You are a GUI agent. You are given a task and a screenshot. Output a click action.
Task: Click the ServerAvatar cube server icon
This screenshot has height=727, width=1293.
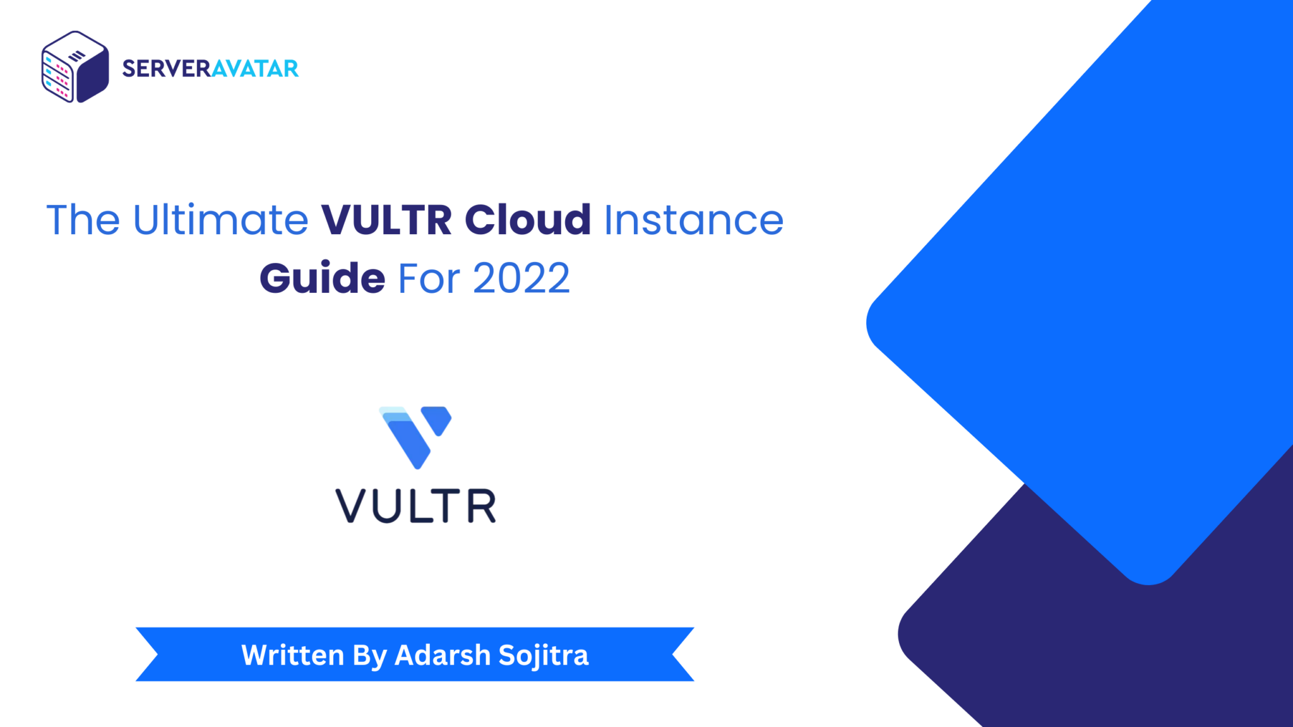pyautogui.click(x=75, y=67)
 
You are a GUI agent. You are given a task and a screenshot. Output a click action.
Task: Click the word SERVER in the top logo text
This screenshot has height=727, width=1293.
pyautogui.click(x=166, y=68)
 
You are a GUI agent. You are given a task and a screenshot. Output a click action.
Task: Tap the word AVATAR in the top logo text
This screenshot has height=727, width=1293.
pyautogui.click(x=254, y=68)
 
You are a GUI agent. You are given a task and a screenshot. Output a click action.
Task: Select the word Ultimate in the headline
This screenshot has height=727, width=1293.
pyautogui.click(x=220, y=220)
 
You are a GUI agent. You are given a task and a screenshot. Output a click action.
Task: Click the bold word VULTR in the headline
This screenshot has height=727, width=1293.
pyautogui.click(x=386, y=220)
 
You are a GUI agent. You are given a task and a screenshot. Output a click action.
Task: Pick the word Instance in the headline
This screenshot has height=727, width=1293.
pyautogui.click(x=694, y=220)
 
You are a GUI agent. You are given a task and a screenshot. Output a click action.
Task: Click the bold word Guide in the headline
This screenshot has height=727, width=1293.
pyautogui.click(x=322, y=278)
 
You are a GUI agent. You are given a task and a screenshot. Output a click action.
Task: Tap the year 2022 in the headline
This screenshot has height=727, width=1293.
pyautogui.click(x=521, y=278)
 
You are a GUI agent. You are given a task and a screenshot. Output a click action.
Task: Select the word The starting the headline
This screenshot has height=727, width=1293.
pyautogui.click(x=83, y=220)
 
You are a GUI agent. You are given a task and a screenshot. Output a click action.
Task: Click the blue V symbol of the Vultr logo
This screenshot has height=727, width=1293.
pyautogui.click(x=415, y=437)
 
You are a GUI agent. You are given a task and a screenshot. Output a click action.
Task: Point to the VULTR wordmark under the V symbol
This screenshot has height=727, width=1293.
pyautogui.click(x=415, y=505)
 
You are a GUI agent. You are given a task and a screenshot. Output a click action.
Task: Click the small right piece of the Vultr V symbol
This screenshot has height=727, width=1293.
pyautogui.click(x=436, y=420)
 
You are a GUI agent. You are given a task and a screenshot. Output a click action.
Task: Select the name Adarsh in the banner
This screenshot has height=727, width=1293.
pyautogui.click(x=443, y=654)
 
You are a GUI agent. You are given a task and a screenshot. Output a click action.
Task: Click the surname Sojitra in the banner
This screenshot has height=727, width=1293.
pyautogui.click(x=544, y=656)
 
